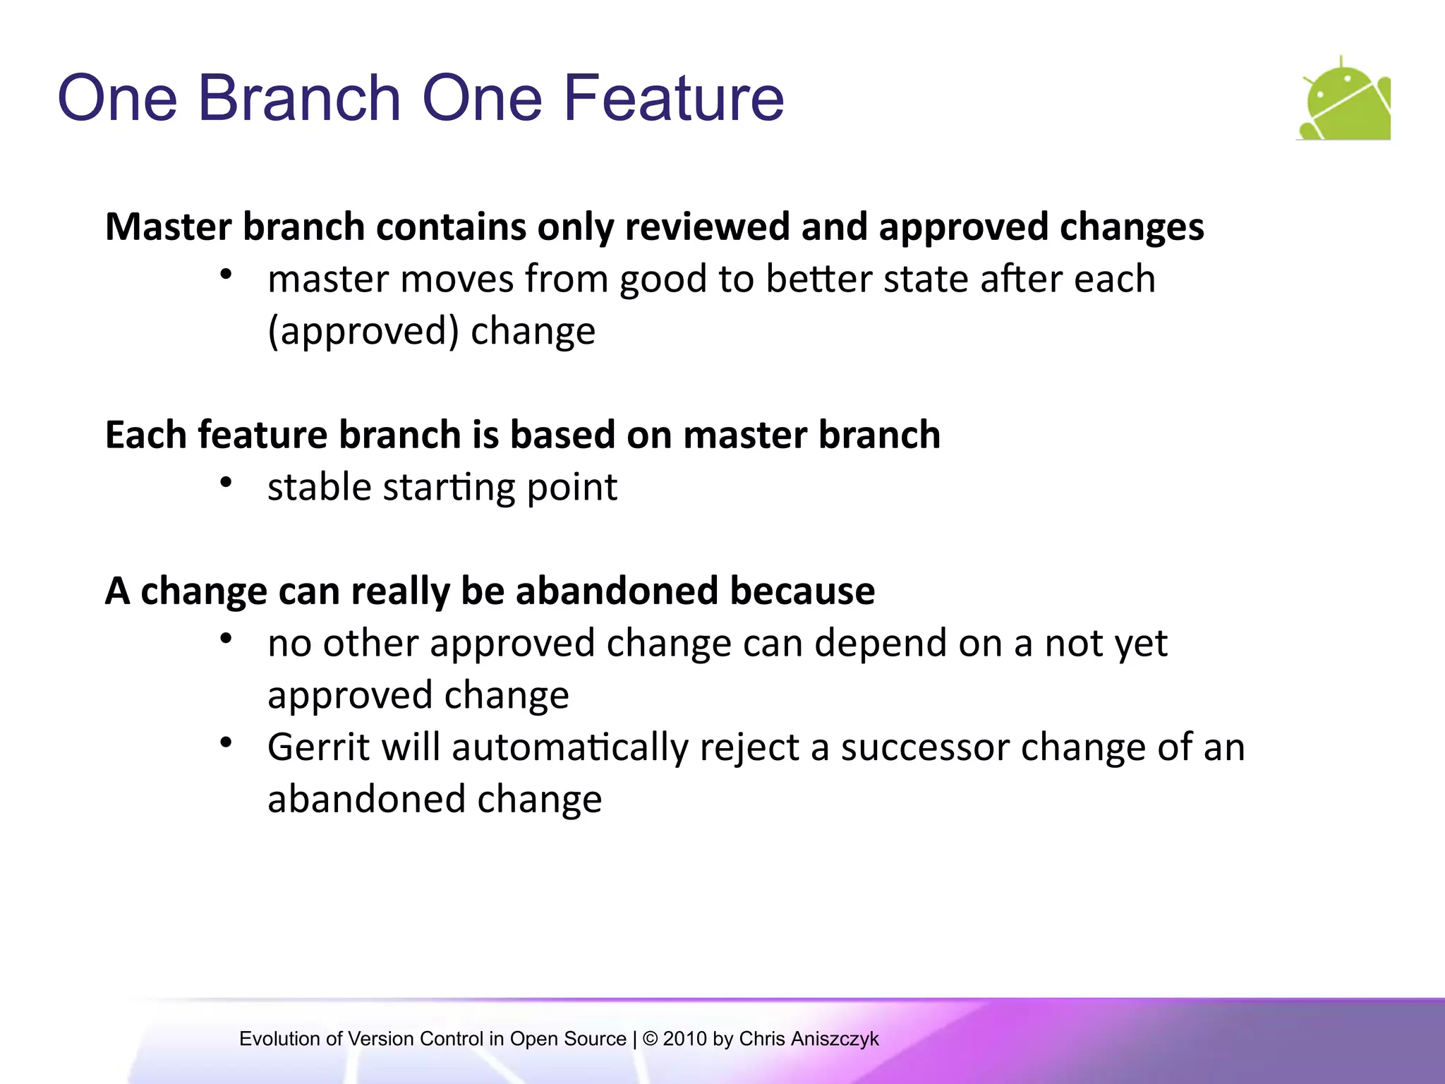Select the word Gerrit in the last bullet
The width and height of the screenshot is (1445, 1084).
pyautogui.click(x=318, y=747)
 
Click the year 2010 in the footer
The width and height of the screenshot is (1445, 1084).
pyautogui.click(x=684, y=1039)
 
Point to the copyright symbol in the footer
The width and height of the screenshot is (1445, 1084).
pyautogui.click(x=651, y=1039)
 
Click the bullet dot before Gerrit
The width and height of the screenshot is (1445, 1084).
pyautogui.click(x=226, y=742)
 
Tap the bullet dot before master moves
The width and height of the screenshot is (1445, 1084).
pyautogui.click(x=226, y=275)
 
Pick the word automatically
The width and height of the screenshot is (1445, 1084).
pyautogui.click(x=569, y=747)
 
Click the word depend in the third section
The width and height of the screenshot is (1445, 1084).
pyautogui.click(x=873, y=643)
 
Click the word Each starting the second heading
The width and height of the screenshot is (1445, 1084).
pyautogui.click(x=145, y=434)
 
